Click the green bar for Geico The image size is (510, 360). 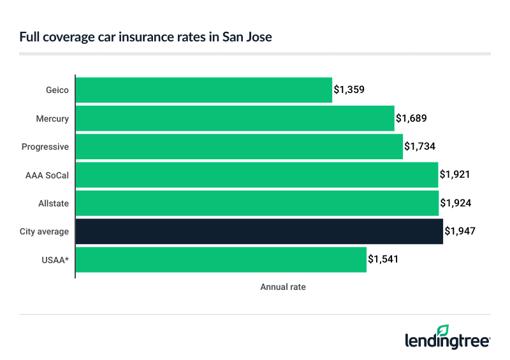pos(204,90)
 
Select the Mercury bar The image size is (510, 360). pos(235,119)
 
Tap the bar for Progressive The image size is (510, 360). pos(239,147)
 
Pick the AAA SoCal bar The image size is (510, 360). pos(257,175)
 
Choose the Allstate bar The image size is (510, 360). pos(257,203)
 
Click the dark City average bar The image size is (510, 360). pos(259,231)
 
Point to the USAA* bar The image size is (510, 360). pos(221,259)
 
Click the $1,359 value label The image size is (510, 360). pos(349,90)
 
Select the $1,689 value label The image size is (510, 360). pos(411,119)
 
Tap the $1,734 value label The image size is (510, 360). pos(420,147)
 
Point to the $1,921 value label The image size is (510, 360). pos(455,175)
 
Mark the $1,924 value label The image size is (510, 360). pos(455,203)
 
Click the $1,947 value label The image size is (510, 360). pos(460,231)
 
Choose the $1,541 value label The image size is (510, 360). pos(384,259)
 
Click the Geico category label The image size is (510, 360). pos(57,90)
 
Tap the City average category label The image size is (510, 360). pos(45,231)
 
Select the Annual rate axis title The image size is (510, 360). pos(282,287)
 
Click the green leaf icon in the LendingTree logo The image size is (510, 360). pos(443,330)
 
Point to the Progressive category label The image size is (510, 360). pos(45,147)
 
